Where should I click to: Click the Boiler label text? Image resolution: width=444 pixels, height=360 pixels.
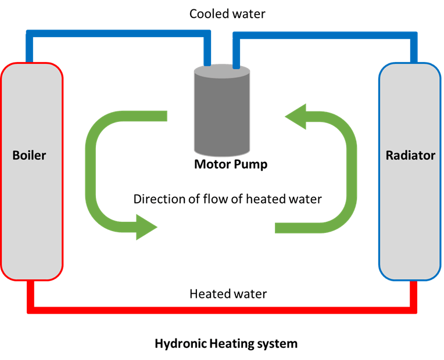[29, 156]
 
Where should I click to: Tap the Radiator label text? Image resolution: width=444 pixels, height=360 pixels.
[410, 156]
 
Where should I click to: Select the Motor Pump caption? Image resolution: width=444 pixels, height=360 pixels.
[231, 165]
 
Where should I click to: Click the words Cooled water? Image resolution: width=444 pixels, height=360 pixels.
[227, 14]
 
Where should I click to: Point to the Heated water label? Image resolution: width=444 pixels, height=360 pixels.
[228, 294]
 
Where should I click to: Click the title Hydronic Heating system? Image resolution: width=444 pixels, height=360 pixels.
[226, 344]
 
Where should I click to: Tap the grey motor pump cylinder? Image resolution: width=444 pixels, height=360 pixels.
[222, 110]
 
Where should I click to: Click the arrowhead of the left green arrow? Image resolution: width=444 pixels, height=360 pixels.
[146, 227]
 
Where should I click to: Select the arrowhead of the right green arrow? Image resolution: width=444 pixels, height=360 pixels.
[295, 116]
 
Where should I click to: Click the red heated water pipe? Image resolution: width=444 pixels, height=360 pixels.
[222, 310]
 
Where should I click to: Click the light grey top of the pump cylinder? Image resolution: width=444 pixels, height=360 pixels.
[222, 71]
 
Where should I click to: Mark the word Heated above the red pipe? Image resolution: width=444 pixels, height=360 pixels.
[208, 294]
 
